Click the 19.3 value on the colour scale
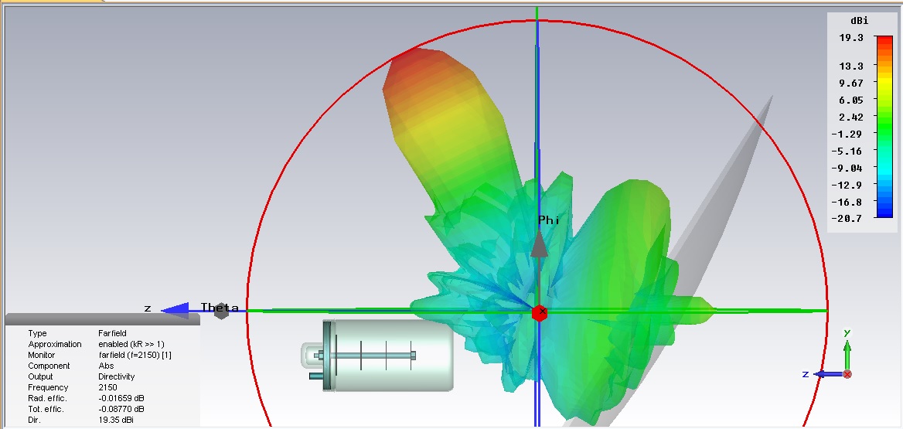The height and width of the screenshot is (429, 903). [851, 37]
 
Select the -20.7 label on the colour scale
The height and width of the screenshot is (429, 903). [848, 219]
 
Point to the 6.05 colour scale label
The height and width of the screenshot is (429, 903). [851, 100]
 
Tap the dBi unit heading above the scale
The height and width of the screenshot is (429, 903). [859, 21]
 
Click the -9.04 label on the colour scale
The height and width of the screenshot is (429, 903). [848, 168]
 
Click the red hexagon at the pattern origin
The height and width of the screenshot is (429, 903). [540, 313]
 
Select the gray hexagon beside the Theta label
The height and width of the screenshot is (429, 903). [222, 311]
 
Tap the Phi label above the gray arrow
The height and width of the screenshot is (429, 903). [548, 220]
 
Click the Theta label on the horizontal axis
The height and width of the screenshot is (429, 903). [220, 308]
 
